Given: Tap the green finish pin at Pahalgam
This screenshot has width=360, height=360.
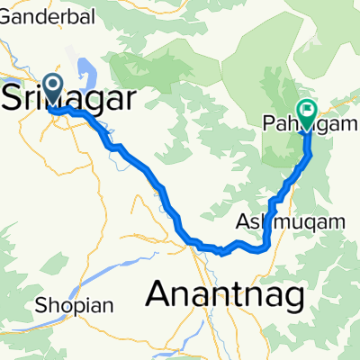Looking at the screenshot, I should pyautogui.click(x=308, y=112).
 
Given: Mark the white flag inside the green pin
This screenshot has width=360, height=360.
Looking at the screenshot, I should pyautogui.click(x=308, y=111).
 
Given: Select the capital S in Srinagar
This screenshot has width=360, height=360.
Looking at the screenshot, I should pyautogui.click(x=16, y=95).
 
